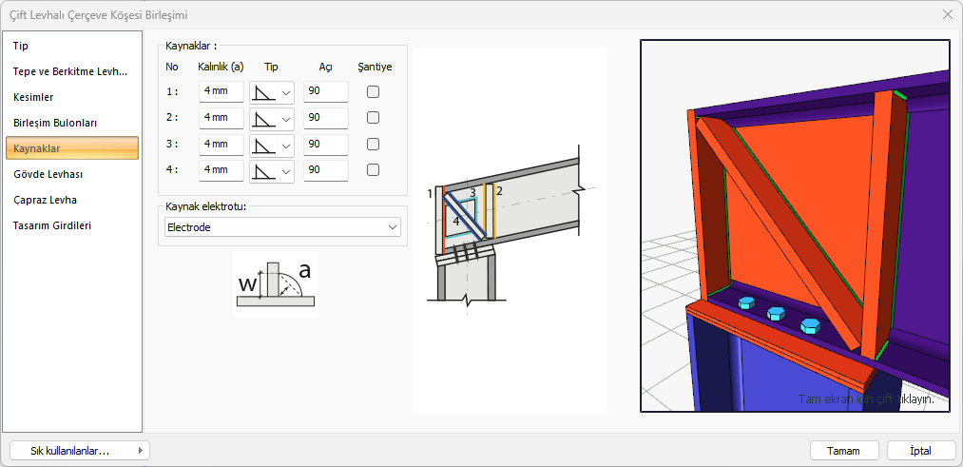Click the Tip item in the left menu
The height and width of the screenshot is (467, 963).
(21, 46)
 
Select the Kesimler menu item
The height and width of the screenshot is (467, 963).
(33, 97)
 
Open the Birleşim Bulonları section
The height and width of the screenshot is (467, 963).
(55, 123)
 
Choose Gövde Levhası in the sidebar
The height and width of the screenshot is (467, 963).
(48, 174)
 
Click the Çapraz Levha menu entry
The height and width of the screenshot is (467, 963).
(45, 200)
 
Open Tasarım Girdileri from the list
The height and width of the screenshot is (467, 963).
(52, 225)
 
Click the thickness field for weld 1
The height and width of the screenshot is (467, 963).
(221, 91)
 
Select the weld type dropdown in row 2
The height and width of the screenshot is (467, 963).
(272, 118)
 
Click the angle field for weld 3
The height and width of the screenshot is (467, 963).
(325, 145)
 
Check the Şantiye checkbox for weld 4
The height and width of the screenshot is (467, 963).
(373, 170)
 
